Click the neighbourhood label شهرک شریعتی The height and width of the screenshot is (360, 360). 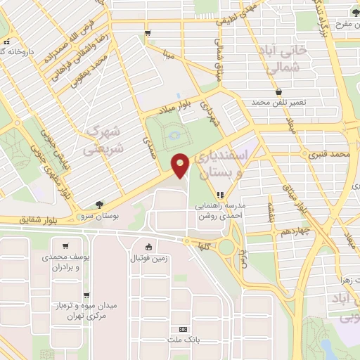pyautogui.click(x=103, y=140)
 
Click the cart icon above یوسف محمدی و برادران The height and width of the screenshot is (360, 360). pyautogui.click(x=65, y=246)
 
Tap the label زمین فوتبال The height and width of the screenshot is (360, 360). pyautogui.click(x=149, y=259)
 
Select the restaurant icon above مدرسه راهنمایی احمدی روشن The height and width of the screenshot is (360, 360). pyautogui.click(x=221, y=195)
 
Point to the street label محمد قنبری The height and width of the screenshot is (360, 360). pyautogui.click(x=333, y=153)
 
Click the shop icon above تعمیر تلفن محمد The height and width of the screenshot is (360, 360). pyautogui.click(x=278, y=91)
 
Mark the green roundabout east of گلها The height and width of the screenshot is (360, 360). pyautogui.click(x=227, y=246)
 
